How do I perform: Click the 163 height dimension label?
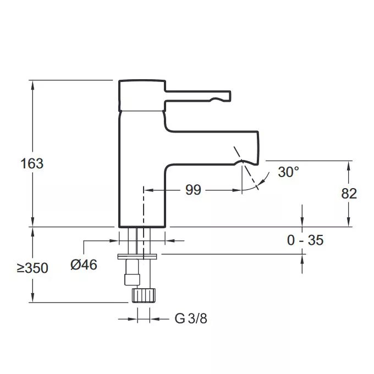point(32,164)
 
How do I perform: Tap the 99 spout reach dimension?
point(193,190)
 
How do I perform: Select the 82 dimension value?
point(349,194)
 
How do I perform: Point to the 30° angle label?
point(288,172)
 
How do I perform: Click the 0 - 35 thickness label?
point(305,240)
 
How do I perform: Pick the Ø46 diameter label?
point(84,265)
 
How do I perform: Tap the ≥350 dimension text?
point(32,268)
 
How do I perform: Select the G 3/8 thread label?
point(191,318)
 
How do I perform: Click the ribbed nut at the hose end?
point(144,295)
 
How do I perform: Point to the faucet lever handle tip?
point(229,95)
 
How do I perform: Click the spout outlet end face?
point(258,147)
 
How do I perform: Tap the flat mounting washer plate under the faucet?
point(137,257)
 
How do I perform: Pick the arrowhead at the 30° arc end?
point(262,182)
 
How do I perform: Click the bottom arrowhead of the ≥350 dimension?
point(32,298)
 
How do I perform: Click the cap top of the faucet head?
point(142,81)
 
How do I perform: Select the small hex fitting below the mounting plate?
point(132,279)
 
